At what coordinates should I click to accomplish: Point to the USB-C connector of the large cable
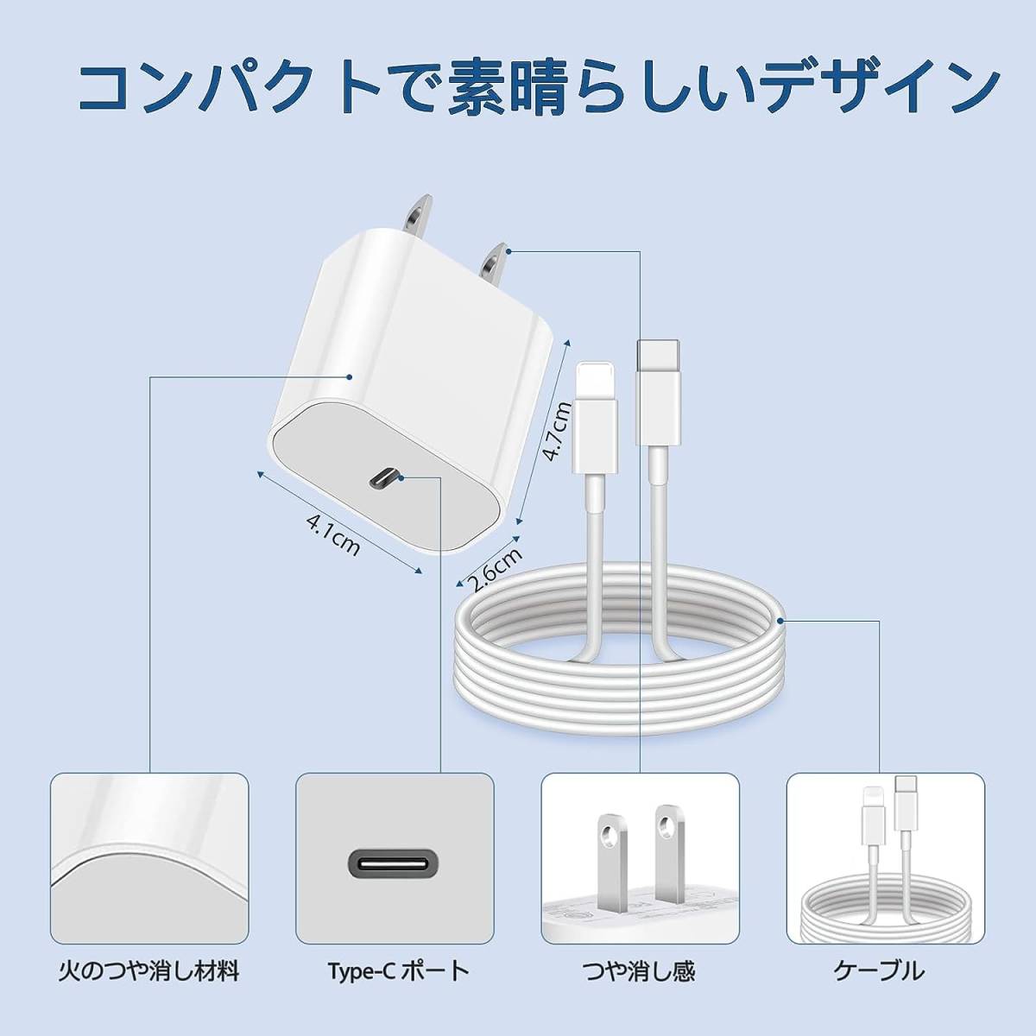click(x=659, y=393)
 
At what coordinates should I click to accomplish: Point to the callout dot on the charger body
click(x=349, y=377)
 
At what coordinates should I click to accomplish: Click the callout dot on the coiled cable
click(x=780, y=621)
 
